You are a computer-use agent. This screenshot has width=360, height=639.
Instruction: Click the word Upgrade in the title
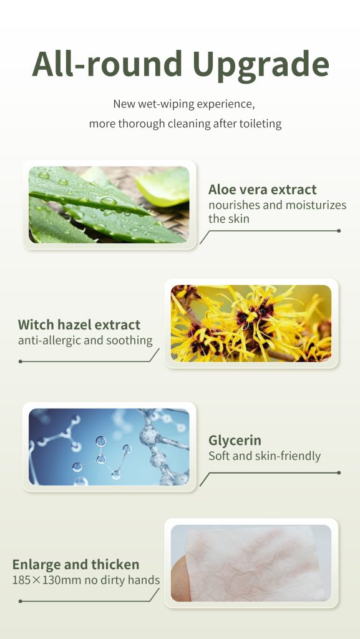(261, 65)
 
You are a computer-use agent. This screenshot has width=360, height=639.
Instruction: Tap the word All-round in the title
(107, 64)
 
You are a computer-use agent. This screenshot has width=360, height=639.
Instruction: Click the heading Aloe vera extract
(262, 190)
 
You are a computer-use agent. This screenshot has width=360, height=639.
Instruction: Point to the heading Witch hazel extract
(79, 324)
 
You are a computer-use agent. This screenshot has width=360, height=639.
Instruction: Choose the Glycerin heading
(235, 441)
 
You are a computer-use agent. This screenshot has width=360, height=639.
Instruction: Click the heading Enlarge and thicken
(75, 565)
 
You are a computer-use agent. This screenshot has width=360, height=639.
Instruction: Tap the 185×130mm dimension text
(47, 580)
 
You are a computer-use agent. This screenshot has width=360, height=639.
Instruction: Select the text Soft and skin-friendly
(265, 456)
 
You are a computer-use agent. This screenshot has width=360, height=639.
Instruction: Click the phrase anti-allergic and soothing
(85, 340)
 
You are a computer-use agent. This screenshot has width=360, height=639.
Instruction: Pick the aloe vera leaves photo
(109, 205)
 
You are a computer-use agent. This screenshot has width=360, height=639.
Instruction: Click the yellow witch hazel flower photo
(251, 323)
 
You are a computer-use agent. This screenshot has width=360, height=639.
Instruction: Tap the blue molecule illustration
(109, 447)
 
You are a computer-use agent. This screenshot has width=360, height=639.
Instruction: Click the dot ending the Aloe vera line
(339, 231)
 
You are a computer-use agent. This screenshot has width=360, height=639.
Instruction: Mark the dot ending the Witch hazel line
(21, 361)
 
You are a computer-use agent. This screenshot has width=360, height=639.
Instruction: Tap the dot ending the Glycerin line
(339, 473)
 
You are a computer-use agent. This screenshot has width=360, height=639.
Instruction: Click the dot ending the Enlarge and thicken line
(21, 601)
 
